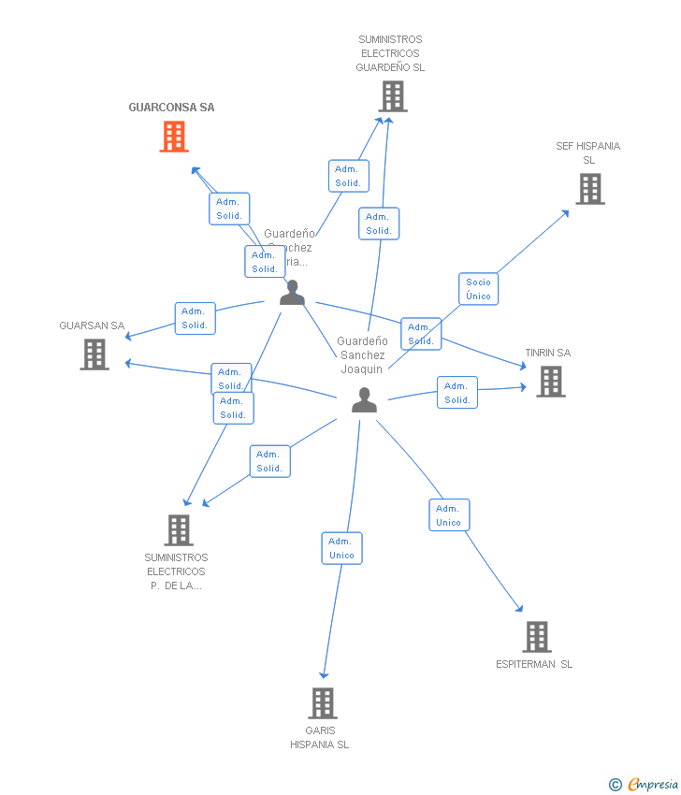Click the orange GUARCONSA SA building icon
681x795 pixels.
(x=174, y=137)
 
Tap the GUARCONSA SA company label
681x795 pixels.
(x=171, y=108)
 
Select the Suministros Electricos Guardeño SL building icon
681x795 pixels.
(x=392, y=96)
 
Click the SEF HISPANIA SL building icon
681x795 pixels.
(x=589, y=189)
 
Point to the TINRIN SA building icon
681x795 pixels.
(x=550, y=381)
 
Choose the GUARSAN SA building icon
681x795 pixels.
(x=94, y=354)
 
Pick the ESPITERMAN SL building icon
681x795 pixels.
(x=536, y=637)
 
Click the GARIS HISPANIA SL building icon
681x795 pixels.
(x=322, y=702)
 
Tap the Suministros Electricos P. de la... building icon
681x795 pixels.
(x=178, y=530)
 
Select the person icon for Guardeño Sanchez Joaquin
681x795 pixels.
(x=364, y=400)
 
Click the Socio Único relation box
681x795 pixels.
(x=478, y=289)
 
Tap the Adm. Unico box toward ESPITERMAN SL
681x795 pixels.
(x=448, y=515)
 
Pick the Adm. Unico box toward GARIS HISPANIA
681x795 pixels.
(x=341, y=548)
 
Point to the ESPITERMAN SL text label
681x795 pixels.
(x=534, y=664)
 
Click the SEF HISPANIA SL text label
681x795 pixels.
(x=587, y=152)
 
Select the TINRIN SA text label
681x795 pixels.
(x=547, y=353)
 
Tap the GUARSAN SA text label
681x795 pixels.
(x=92, y=325)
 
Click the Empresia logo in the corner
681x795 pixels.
(x=653, y=785)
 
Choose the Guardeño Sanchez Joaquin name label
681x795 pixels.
(x=362, y=354)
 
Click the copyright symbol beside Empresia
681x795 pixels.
(x=616, y=785)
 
